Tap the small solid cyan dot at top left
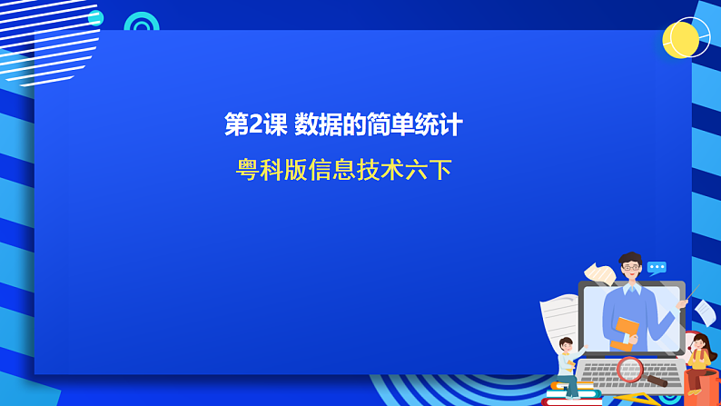tap(95, 18)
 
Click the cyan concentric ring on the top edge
tap(141, 23)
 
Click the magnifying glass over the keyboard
tap(630, 369)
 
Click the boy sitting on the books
tap(568, 363)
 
